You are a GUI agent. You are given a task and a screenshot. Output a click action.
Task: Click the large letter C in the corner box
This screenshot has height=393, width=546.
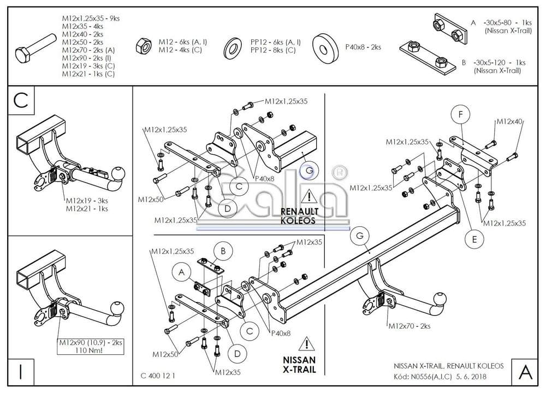pyautogui.click(x=21, y=100)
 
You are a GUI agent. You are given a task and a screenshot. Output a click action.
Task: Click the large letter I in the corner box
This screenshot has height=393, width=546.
pyautogui.click(x=21, y=371)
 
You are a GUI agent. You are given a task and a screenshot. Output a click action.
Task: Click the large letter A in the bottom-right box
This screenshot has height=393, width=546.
pyautogui.click(x=525, y=372)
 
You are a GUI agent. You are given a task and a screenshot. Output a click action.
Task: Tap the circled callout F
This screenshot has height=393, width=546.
pyautogui.click(x=460, y=114)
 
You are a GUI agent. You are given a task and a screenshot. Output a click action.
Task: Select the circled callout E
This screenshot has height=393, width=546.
pyautogui.click(x=474, y=239)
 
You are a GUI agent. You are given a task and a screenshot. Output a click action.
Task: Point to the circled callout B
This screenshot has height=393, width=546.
pyautogui.click(x=223, y=251)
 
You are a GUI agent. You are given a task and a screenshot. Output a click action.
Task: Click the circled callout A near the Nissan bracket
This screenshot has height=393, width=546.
pyautogui.click(x=181, y=272)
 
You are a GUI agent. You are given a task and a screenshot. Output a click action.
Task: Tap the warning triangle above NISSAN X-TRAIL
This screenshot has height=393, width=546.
pyautogui.click(x=307, y=344)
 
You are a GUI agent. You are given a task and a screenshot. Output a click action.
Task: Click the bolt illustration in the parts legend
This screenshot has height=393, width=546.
pyautogui.click(x=35, y=49)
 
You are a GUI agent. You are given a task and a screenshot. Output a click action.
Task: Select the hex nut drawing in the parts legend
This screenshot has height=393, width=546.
pyautogui.click(x=143, y=46)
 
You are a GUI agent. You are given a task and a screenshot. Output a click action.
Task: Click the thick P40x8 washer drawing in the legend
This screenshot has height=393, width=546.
pyautogui.click(x=325, y=48)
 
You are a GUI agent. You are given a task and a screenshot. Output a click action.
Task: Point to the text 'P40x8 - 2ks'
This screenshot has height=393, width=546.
pyautogui.click(x=363, y=46)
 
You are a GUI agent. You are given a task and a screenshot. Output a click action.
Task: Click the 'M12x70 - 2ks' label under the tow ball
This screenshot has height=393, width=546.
pyautogui.click(x=409, y=326)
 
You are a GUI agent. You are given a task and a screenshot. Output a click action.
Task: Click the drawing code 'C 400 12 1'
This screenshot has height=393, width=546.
pyautogui.click(x=158, y=376)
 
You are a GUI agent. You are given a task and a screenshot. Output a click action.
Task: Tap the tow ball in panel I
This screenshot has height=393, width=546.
pyautogui.click(x=116, y=307)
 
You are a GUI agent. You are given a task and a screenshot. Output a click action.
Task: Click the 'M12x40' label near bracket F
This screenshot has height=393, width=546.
pyautogui.click(x=510, y=122)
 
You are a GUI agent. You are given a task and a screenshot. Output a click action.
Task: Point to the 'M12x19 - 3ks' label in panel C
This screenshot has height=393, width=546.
pyautogui.click(x=87, y=201)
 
